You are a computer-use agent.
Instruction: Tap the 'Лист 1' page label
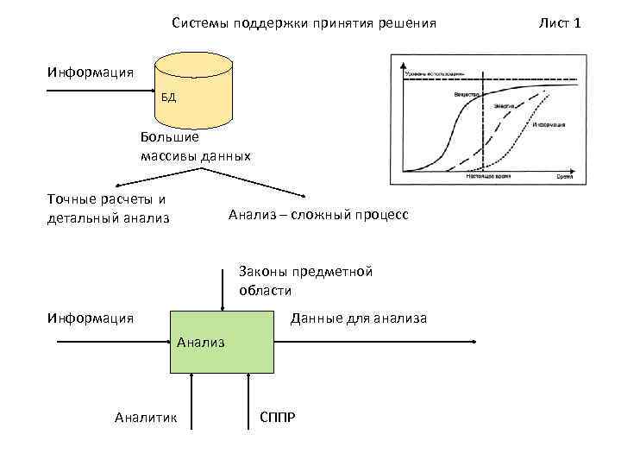pyautogui.click(x=560, y=22)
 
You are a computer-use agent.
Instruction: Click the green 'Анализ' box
pyautogui.click(x=222, y=342)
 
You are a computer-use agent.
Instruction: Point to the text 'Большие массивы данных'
pyautogui.click(x=195, y=147)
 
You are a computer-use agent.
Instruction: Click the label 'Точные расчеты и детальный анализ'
pyautogui.click(x=108, y=208)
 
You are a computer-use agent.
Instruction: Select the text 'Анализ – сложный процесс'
pyautogui.click(x=318, y=214)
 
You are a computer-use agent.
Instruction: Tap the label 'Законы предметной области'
pyautogui.click(x=306, y=280)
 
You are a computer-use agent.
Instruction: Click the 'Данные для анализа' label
pyautogui.click(x=359, y=319)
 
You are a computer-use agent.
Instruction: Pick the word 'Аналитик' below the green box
pyautogui.click(x=146, y=419)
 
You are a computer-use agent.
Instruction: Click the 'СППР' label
pyautogui.click(x=278, y=419)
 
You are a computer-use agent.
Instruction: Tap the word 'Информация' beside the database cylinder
pyautogui.click(x=91, y=72)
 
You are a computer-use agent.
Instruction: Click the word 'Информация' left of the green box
pyautogui.click(x=91, y=319)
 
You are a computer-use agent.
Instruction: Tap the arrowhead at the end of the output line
pyautogui.click(x=474, y=342)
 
